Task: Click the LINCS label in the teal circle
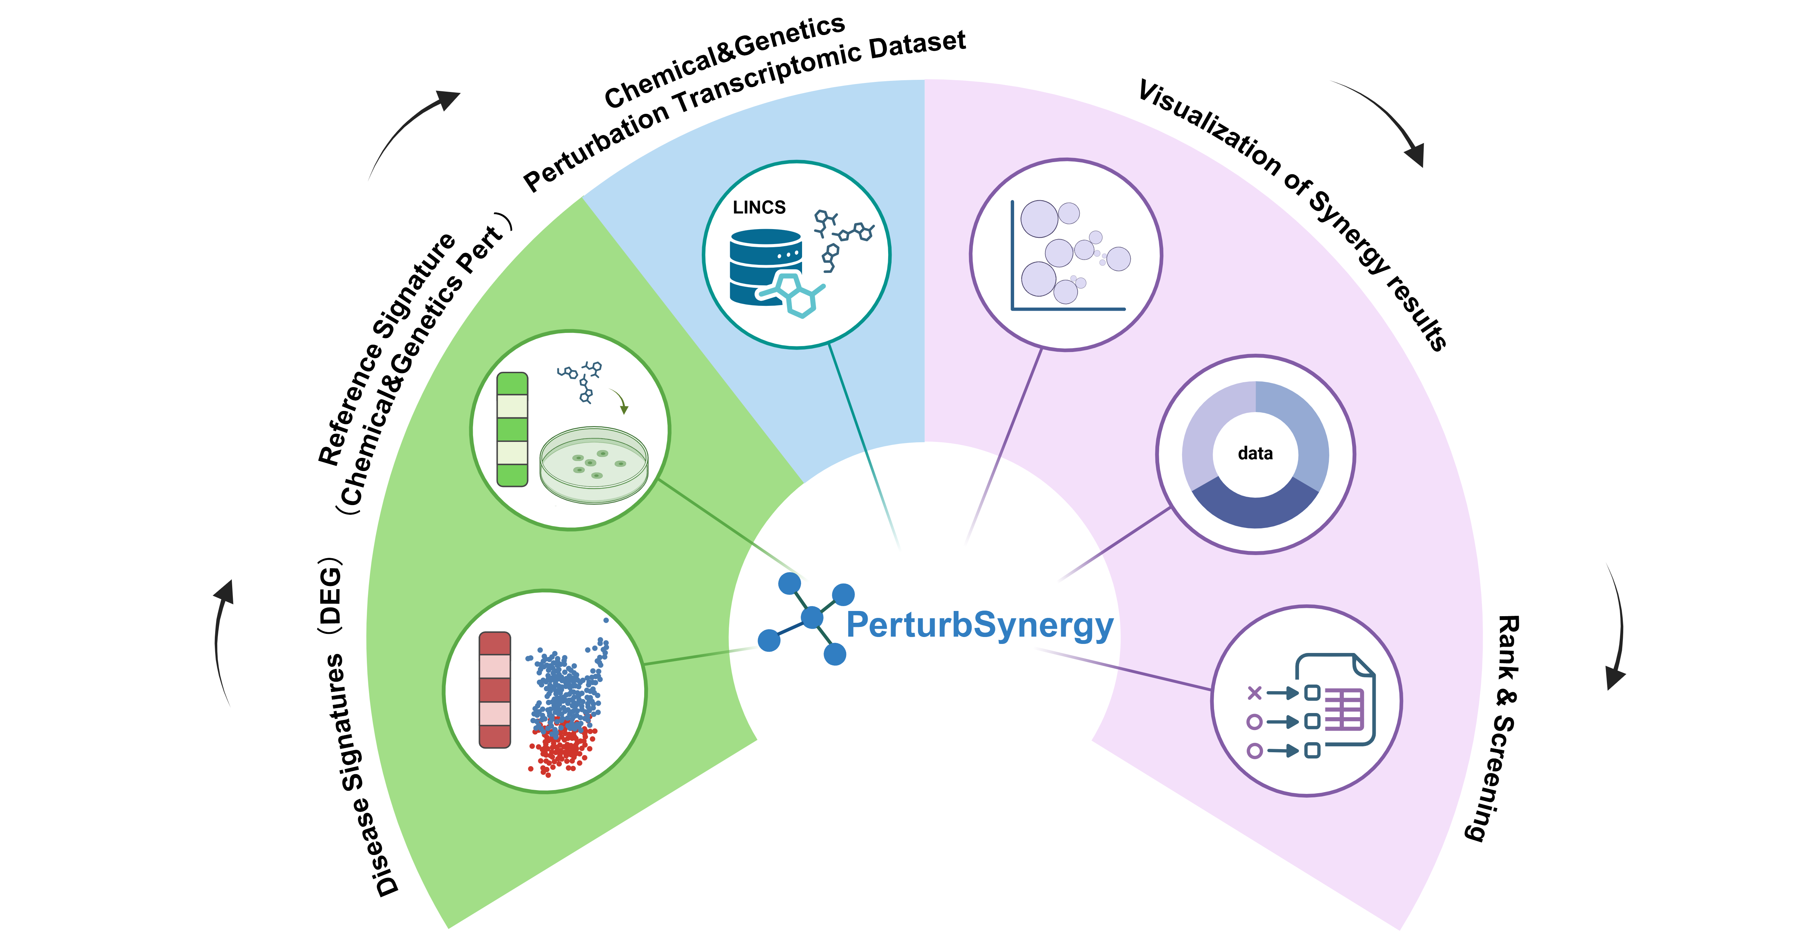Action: pos(759,207)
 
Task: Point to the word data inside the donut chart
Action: pos(1255,454)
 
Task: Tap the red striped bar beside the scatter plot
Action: pos(495,690)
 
